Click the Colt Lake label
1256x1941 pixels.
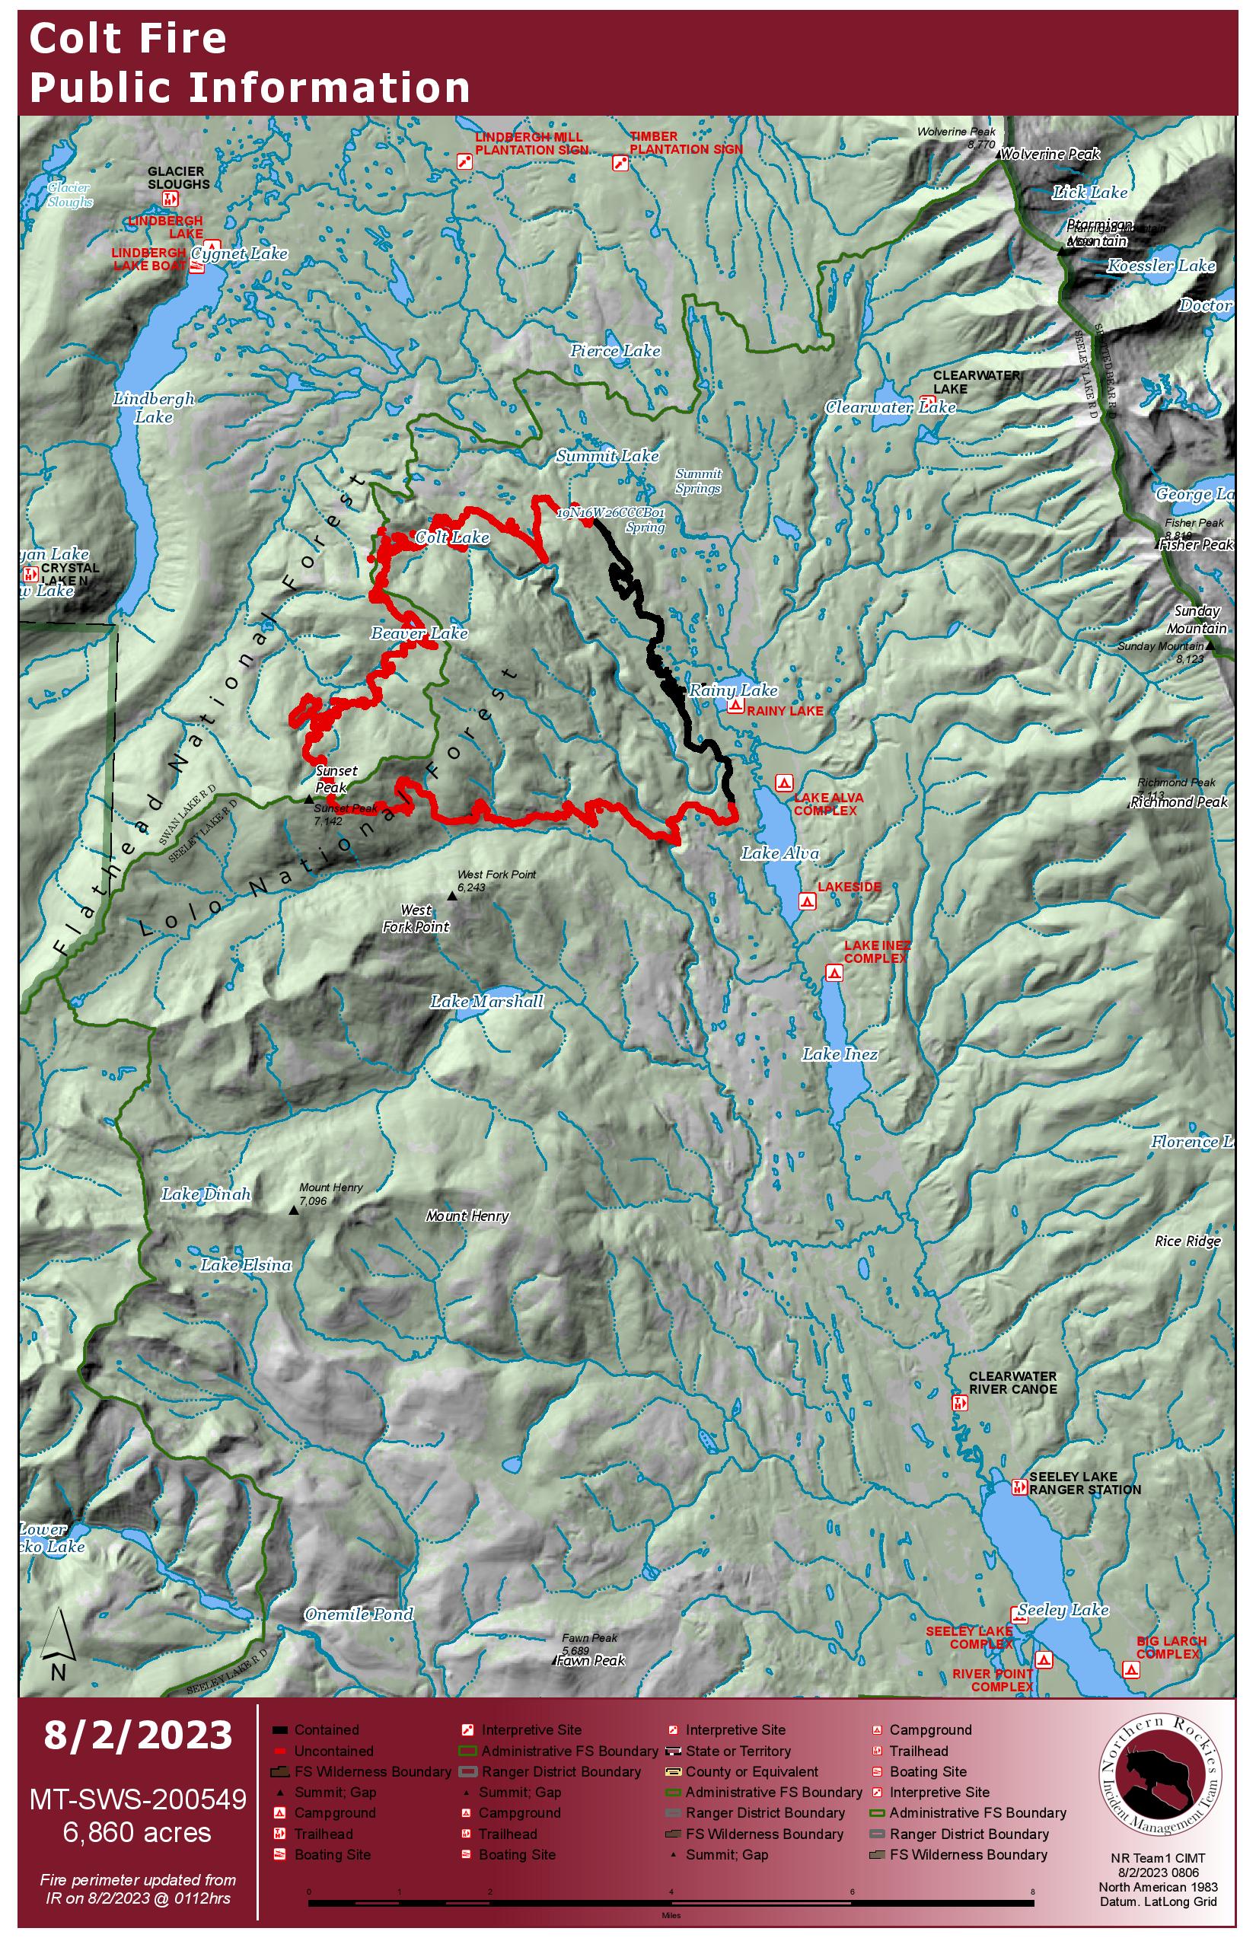(x=452, y=537)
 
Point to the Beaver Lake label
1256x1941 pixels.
(x=419, y=633)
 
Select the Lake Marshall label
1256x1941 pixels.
(x=487, y=1002)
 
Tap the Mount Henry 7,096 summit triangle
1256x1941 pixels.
(x=295, y=1210)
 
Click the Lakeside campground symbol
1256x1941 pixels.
(x=807, y=901)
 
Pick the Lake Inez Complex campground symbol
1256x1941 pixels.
(x=834, y=973)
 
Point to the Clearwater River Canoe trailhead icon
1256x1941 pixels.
(x=960, y=1403)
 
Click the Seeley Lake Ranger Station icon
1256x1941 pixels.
(x=1019, y=1487)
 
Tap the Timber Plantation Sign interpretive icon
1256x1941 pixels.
(x=620, y=163)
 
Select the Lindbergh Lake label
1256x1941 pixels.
(x=153, y=408)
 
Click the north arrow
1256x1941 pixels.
(x=57, y=1641)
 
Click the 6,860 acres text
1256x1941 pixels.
(x=137, y=1833)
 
